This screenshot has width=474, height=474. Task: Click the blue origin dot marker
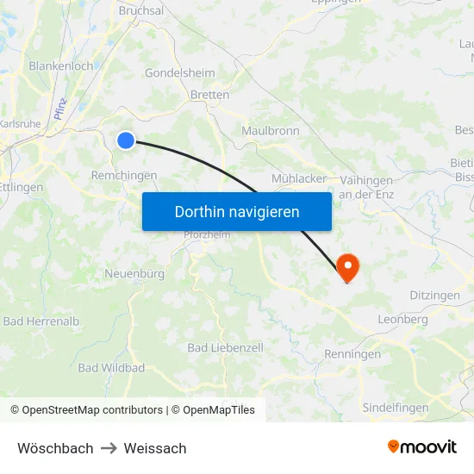126,140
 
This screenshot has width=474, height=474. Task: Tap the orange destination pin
348,266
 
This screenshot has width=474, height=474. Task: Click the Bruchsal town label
140,10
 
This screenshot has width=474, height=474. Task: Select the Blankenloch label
60,65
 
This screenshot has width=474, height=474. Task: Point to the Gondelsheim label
179,73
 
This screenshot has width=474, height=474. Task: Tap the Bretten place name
209,95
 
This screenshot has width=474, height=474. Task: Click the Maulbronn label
270,131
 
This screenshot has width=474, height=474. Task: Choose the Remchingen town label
124,175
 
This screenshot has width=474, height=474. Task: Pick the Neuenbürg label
134,273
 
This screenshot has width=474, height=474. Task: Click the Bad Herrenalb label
41,321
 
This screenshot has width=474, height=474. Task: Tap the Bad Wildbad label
111,368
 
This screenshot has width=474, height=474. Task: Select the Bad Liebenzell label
226,347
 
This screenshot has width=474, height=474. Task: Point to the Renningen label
352,354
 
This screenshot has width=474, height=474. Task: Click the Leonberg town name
402,320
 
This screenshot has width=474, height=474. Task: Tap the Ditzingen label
434,296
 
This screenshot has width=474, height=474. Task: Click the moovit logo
422,447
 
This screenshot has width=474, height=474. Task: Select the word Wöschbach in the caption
55,448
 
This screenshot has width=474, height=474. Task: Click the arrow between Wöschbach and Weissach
109,448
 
